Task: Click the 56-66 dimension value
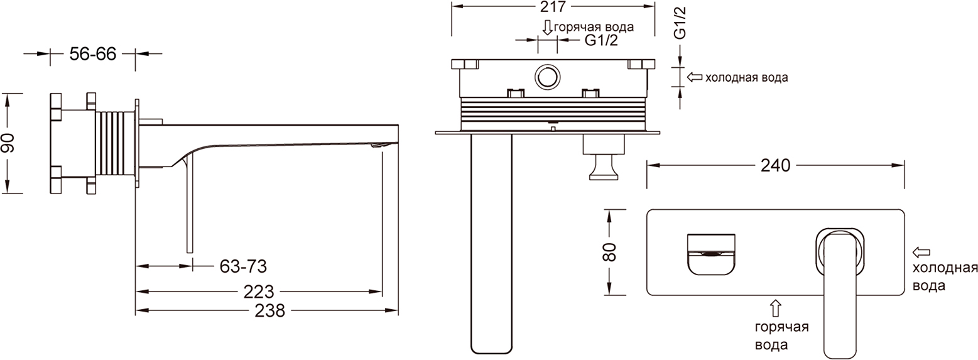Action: [x=93, y=54]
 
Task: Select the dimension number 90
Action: [x=8, y=143]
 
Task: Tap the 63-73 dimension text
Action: [x=242, y=266]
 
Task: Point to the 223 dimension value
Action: [x=259, y=292]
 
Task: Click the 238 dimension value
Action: [x=270, y=310]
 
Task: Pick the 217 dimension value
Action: [x=553, y=6]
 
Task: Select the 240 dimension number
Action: [x=775, y=165]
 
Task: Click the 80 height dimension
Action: [x=609, y=252]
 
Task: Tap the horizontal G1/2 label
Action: [x=602, y=40]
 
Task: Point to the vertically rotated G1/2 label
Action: [x=680, y=23]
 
